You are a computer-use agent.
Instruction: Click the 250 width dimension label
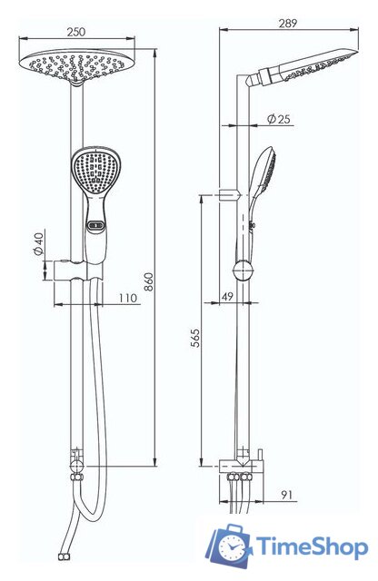click(76, 32)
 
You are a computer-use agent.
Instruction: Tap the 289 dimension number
click(288, 23)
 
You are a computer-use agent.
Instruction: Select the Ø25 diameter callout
click(279, 119)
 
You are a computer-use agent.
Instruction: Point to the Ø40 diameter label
click(38, 242)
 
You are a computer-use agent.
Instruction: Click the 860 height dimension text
click(148, 282)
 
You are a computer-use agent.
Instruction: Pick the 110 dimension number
click(128, 298)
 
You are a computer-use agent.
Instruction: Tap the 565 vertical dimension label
click(195, 338)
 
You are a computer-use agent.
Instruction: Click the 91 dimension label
click(286, 494)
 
